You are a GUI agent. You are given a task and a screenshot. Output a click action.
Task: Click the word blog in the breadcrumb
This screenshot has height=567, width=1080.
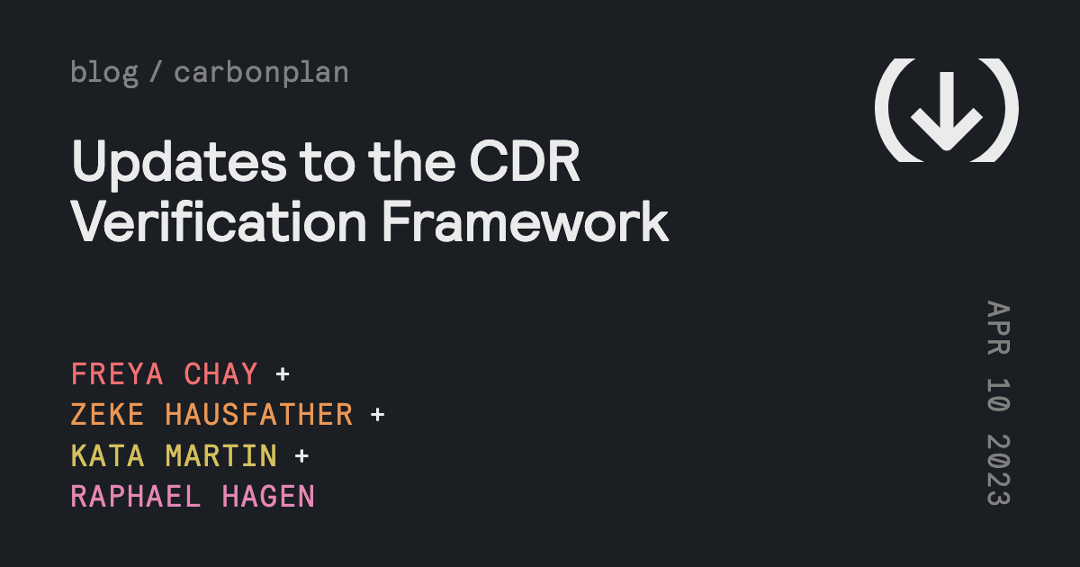tap(104, 73)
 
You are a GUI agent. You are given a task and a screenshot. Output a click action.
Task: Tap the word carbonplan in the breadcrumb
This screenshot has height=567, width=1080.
tap(261, 73)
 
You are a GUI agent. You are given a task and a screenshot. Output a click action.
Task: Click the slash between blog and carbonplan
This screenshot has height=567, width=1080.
tap(156, 72)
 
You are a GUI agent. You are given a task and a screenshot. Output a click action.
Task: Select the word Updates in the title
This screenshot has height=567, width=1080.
tap(179, 163)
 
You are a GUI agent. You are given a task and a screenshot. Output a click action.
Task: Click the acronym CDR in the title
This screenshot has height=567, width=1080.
tap(525, 161)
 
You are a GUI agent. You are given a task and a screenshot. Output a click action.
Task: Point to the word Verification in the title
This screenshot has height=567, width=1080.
tap(219, 221)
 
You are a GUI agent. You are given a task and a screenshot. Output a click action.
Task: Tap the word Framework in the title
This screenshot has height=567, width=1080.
tap(526, 221)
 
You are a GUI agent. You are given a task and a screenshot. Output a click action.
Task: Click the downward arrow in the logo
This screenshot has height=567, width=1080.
tap(947, 112)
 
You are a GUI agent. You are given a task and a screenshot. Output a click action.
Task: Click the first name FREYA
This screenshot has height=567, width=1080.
tap(117, 373)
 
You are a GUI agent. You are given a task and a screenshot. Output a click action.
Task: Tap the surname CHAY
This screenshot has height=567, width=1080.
tap(220, 373)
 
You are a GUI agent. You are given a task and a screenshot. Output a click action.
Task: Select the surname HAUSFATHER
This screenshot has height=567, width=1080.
tap(259, 415)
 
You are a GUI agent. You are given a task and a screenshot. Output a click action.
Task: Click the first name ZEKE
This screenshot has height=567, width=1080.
tap(107, 415)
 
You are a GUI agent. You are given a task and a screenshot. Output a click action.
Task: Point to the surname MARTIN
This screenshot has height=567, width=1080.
tap(221, 455)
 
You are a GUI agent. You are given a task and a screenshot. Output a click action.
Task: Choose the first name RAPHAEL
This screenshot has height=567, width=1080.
tap(136, 497)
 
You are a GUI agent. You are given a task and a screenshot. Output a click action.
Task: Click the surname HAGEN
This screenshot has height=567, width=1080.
tap(268, 497)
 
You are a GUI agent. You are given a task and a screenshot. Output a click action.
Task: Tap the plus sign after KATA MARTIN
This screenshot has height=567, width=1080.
tap(301, 455)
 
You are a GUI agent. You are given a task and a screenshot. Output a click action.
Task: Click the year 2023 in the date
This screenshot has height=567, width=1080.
tap(998, 470)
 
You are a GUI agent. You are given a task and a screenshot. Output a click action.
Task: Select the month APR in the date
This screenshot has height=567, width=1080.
tap(998, 328)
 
